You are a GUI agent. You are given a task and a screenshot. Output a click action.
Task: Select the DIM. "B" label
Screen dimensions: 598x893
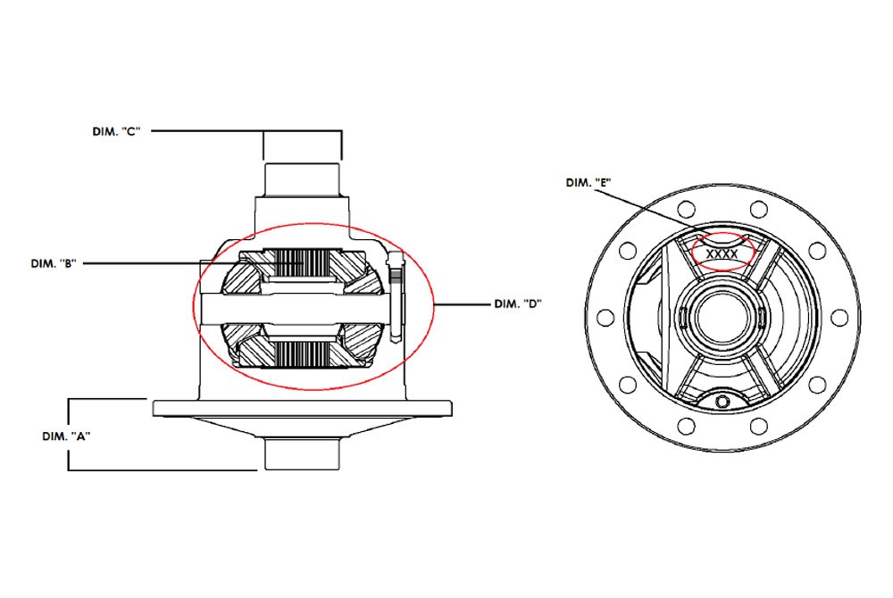(55, 263)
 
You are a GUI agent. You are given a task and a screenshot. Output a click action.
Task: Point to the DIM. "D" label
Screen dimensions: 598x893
(518, 303)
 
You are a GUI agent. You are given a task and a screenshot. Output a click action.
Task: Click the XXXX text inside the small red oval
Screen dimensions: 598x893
(722, 254)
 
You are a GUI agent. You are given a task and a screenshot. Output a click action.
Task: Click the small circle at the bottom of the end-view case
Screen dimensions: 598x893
(722, 403)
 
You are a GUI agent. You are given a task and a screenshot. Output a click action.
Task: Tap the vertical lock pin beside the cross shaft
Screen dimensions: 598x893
(393, 299)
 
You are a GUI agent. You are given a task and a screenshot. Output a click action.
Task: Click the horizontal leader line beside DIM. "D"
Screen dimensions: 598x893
(460, 304)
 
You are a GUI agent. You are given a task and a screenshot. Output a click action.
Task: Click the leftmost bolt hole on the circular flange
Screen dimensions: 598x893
(602, 317)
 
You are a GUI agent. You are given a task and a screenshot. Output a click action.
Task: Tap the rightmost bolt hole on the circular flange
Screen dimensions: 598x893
(841, 317)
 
